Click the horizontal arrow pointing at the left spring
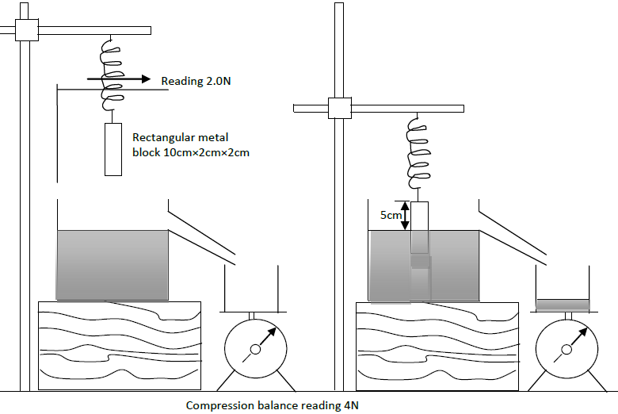(x=119, y=79)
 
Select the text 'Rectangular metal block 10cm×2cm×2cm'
(x=191, y=144)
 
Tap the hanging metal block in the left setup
(x=114, y=149)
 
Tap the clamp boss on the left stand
(x=28, y=30)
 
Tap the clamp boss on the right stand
(x=340, y=108)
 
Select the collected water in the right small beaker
(x=562, y=305)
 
